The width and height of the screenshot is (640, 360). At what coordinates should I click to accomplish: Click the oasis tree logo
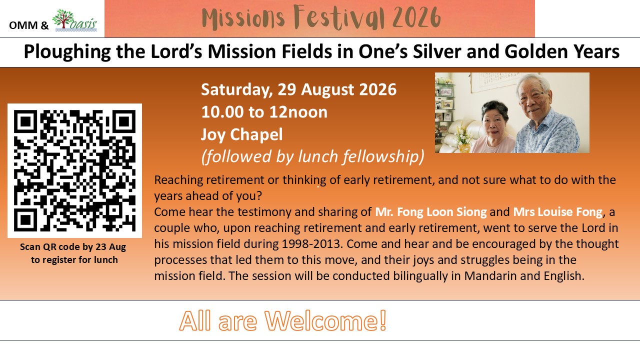tap(74, 20)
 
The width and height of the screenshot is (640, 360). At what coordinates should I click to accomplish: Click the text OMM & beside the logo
tap(29, 25)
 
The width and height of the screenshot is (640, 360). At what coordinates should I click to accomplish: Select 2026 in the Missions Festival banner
tap(416, 17)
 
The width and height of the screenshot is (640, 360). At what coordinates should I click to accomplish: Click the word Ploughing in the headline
tap(67, 52)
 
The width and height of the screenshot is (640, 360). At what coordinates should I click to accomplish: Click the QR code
tap(74, 170)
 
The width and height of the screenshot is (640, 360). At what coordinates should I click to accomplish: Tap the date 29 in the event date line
tap(286, 89)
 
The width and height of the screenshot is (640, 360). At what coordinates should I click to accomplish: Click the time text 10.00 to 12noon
tap(264, 112)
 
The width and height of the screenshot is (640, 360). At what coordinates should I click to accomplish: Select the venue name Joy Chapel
tap(241, 134)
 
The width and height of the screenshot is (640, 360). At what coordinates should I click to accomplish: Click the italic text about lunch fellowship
tap(312, 157)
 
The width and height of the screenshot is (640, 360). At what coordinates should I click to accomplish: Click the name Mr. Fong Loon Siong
tap(430, 212)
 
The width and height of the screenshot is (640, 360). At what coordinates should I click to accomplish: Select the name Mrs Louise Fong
tap(557, 212)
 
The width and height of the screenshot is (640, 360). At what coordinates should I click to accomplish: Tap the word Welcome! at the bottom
tap(325, 321)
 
